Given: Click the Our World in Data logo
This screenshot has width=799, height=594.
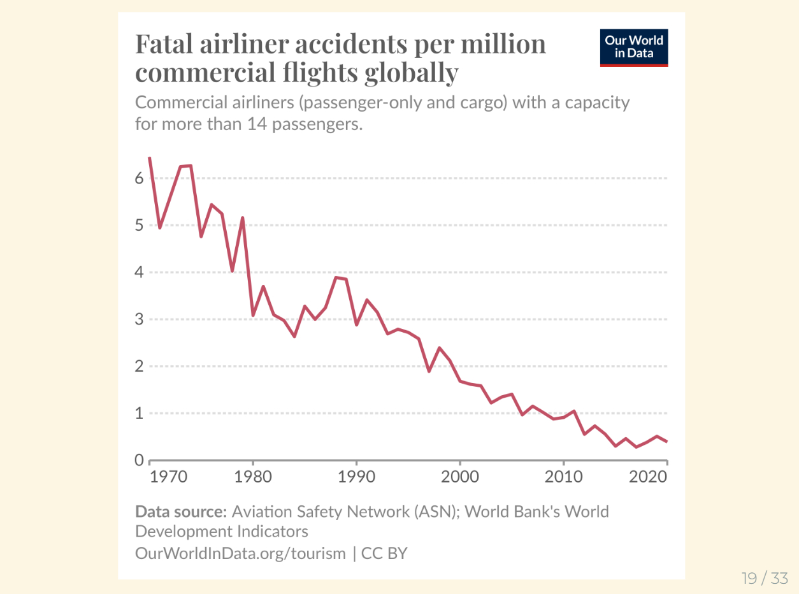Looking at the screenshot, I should tap(634, 47).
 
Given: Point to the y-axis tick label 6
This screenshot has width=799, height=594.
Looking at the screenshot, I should tap(140, 178).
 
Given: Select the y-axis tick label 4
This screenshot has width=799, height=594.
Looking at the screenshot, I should tap(140, 272).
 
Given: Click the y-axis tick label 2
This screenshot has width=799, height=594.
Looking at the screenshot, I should tap(140, 366).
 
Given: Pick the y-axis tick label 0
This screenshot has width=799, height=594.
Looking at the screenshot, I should tap(140, 460).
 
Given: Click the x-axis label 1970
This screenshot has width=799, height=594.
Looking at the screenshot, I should tap(168, 477).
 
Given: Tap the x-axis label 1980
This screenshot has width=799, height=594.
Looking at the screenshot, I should tap(254, 477).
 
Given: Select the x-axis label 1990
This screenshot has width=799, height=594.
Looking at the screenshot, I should tap(357, 477).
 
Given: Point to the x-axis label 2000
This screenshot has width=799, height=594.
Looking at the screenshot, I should tap(460, 477).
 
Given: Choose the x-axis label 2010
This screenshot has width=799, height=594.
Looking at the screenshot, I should tap(563, 477).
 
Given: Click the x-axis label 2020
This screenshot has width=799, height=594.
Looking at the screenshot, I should tap(648, 477).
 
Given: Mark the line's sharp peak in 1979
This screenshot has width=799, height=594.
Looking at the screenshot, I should tap(243, 218).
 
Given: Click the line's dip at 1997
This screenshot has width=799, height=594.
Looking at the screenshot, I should tap(429, 371).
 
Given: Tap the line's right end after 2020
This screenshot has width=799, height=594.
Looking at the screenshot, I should tap(666, 441).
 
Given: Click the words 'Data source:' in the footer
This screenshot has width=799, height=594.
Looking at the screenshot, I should tap(181, 512).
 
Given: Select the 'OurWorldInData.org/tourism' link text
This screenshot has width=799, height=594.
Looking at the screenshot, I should tap(240, 553).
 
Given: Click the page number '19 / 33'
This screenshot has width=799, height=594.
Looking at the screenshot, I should tap(765, 579).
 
